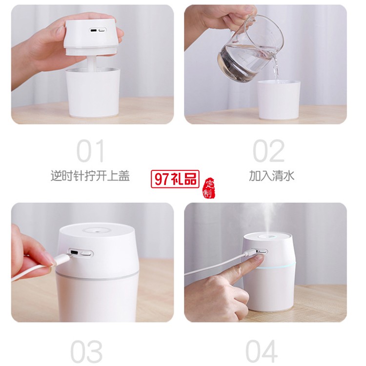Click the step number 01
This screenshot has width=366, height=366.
(x=90, y=151)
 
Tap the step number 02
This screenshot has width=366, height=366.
(x=269, y=151)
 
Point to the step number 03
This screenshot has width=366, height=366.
(x=86, y=351)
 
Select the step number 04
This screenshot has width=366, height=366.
(x=262, y=351)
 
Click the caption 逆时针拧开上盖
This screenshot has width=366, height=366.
(x=90, y=176)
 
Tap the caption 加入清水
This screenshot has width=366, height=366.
(x=272, y=176)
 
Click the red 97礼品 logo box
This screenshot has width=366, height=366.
(x=175, y=179)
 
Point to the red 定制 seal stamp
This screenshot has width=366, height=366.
(x=209, y=188)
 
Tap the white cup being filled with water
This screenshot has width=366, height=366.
(x=279, y=100)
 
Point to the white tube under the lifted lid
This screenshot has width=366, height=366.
(x=92, y=64)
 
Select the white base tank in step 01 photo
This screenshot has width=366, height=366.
(x=93, y=92)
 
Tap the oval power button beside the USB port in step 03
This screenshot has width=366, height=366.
(x=86, y=254)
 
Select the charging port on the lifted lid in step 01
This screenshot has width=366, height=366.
(x=94, y=31)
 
